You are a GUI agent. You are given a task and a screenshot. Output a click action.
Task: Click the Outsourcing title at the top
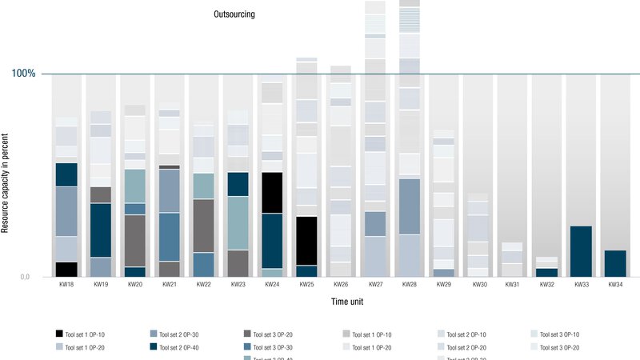(x=234, y=14)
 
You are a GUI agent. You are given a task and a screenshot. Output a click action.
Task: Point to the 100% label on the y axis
(x=23, y=74)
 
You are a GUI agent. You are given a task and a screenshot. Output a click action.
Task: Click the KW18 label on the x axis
(x=66, y=285)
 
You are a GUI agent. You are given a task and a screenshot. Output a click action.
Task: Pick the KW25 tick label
(x=306, y=285)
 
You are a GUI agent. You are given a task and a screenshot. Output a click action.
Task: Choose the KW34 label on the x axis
(x=615, y=285)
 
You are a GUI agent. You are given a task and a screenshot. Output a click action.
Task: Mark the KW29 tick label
(x=444, y=285)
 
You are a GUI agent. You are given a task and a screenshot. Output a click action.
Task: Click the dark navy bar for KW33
(x=581, y=251)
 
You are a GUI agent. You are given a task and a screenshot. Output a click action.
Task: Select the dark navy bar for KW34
(x=615, y=263)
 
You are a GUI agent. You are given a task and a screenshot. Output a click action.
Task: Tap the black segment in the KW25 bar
(x=306, y=241)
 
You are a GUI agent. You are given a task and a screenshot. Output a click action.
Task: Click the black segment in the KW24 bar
(x=272, y=193)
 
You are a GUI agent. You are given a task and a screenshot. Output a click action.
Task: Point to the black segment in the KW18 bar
(x=66, y=270)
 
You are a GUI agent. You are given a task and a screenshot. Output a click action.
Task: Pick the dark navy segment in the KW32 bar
(x=546, y=273)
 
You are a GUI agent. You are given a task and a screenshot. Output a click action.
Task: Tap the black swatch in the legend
(x=60, y=334)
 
